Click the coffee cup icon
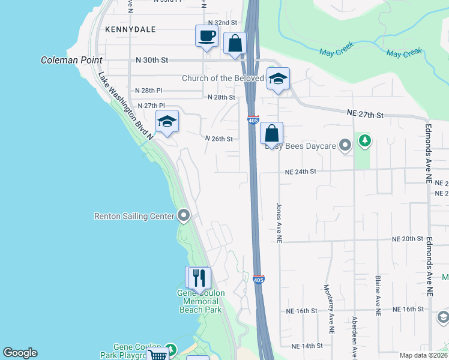(x=206, y=35)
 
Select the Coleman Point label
(x=71, y=60)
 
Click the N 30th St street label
(x=153, y=60)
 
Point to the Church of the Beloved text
(x=223, y=79)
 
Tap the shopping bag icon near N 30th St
(x=235, y=44)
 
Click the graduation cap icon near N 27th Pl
(x=167, y=122)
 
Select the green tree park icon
(x=364, y=141)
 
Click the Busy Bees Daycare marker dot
(x=345, y=145)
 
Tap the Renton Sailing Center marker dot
(x=184, y=215)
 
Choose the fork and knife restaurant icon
(x=198, y=278)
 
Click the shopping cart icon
(x=157, y=355)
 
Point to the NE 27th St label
(x=365, y=113)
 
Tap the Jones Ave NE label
(x=279, y=222)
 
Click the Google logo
(x=20, y=353)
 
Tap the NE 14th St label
(x=307, y=346)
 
